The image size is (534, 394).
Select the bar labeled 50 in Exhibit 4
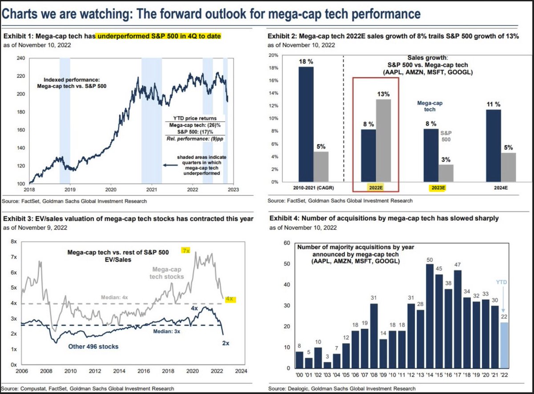coord(430,316)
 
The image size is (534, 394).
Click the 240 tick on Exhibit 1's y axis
coord(21,58)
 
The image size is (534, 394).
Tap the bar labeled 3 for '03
coord(328,365)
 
